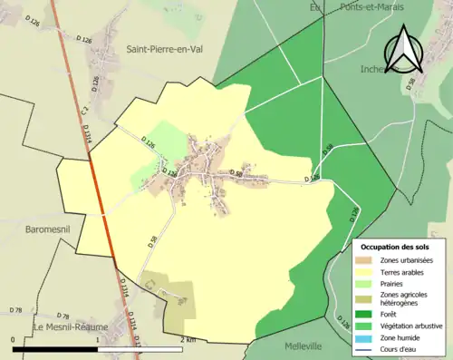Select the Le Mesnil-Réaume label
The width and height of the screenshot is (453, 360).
point(71,326)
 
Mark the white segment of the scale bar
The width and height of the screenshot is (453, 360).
point(145,348)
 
